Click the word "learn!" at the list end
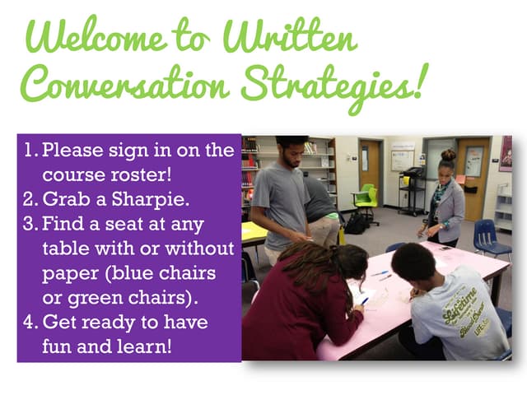tap(145, 345)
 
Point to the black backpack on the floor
tap(357, 224)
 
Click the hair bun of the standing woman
tap(448, 154)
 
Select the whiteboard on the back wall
tap(402, 159)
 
